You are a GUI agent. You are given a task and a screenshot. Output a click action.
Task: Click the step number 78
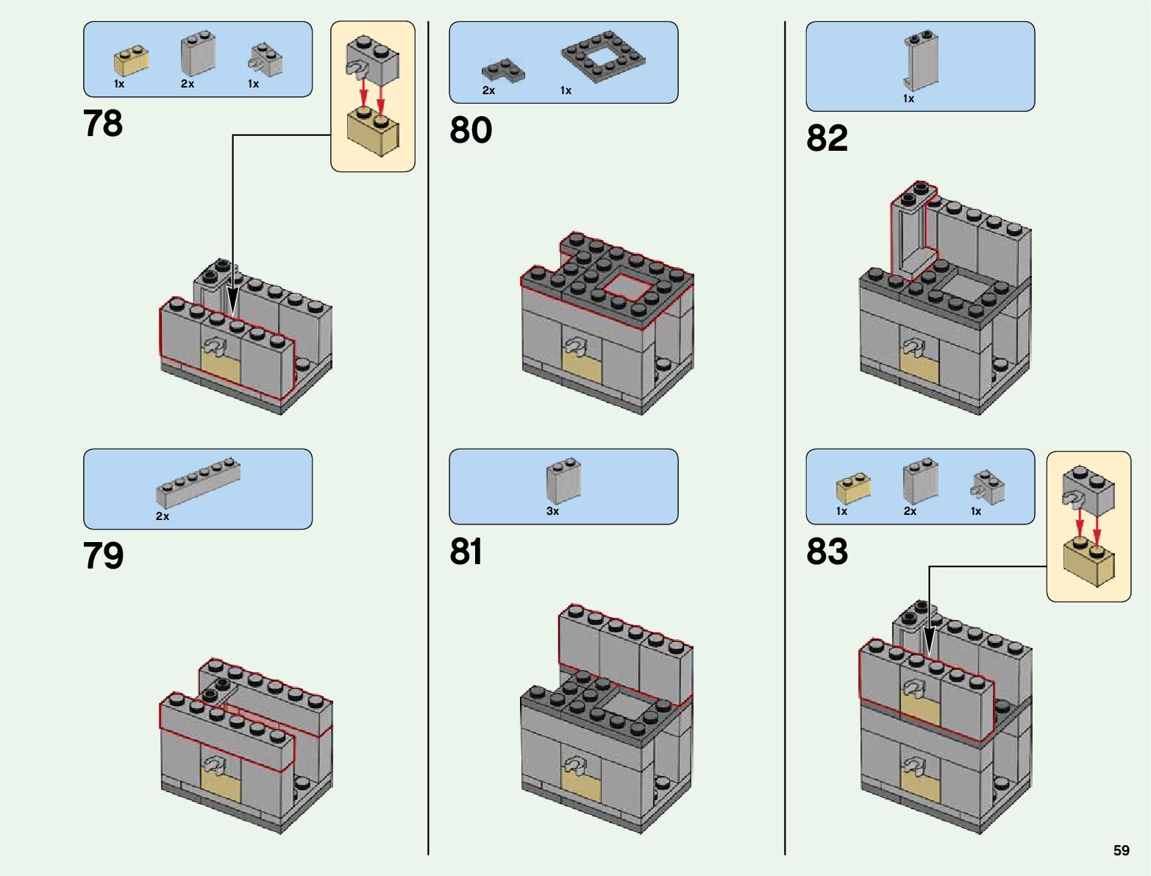click(x=103, y=124)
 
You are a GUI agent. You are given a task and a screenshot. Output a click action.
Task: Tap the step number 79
click(x=103, y=555)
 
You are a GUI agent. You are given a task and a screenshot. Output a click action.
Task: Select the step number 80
click(x=471, y=130)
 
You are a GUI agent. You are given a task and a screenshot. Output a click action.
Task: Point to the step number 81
click(x=466, y=552)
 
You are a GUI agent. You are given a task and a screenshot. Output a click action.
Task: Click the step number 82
click(x=827, y=138)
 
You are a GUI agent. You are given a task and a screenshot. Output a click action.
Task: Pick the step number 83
click(x=827, y=552)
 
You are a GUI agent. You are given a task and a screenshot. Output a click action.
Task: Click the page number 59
click(x=1121, y=850)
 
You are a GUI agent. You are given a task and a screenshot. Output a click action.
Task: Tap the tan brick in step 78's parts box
click(x=131, y=62)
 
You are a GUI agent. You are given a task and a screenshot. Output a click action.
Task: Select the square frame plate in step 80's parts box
click(x=603, y=56)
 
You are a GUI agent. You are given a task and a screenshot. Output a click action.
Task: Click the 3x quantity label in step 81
click(x=552, y=511)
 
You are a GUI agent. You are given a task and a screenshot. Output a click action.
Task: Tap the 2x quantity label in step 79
click(x=163, y=516)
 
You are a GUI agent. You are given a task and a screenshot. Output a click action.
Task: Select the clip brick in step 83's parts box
click(x=987, y=488)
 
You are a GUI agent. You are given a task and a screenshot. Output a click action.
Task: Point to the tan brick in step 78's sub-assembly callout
click(x=373, y=131)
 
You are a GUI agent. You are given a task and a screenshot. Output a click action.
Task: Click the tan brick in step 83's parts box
click(x=853, y=488)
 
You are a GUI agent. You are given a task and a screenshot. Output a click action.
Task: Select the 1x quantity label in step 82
click(x=908, y=99)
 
